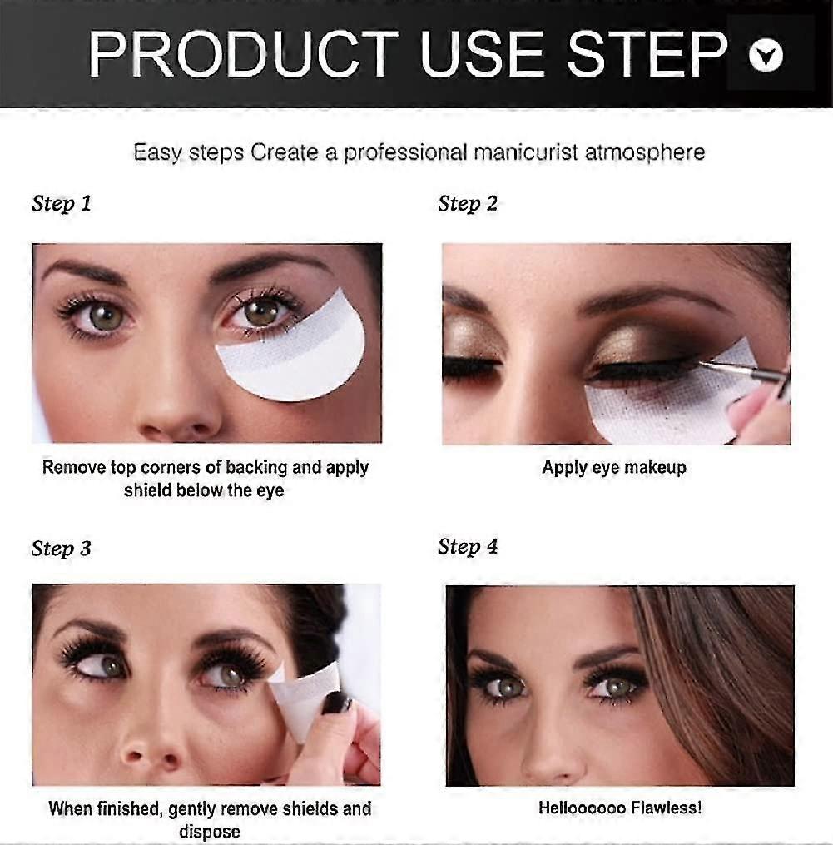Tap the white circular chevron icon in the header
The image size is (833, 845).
[766, 55]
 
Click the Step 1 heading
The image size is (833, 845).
[62, 204]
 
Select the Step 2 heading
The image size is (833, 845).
[468, 204]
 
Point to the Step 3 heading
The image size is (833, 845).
[62, 549]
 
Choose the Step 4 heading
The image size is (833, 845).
[468, 546]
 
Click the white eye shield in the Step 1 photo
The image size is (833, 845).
[294, 350]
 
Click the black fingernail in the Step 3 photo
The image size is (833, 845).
[335, 703]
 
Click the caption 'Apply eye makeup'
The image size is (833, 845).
[614, 467]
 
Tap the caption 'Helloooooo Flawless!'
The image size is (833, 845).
[620, 808]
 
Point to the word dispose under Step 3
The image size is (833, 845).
[210, 831]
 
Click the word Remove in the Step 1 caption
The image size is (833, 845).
[74, 467]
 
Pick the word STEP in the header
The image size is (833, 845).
[647, 54]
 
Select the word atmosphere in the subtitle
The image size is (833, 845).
[645, 152]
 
